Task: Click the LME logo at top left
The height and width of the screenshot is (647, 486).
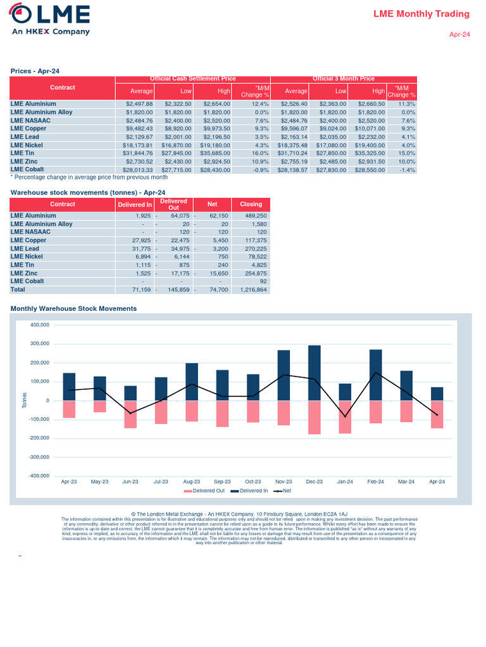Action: pos(50,19)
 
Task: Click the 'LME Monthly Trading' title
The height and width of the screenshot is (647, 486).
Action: pos(421,14)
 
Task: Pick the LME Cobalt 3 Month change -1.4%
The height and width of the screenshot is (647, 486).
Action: pos(406,169)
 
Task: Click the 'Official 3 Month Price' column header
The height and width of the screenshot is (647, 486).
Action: pos(344,78)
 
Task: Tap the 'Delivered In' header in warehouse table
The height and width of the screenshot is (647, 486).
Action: pos(135,204)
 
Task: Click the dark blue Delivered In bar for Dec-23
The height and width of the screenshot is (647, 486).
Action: pos(315,373)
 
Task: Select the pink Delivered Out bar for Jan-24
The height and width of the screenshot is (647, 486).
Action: pos(345,417)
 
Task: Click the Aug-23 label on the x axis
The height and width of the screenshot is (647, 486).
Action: pos(192,481)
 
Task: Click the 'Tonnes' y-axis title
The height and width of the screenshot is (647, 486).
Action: pos(25,400)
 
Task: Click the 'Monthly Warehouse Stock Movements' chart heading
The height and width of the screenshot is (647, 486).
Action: pos(73,308)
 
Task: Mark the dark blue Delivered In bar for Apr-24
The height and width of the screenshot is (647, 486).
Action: pos(437,394)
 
